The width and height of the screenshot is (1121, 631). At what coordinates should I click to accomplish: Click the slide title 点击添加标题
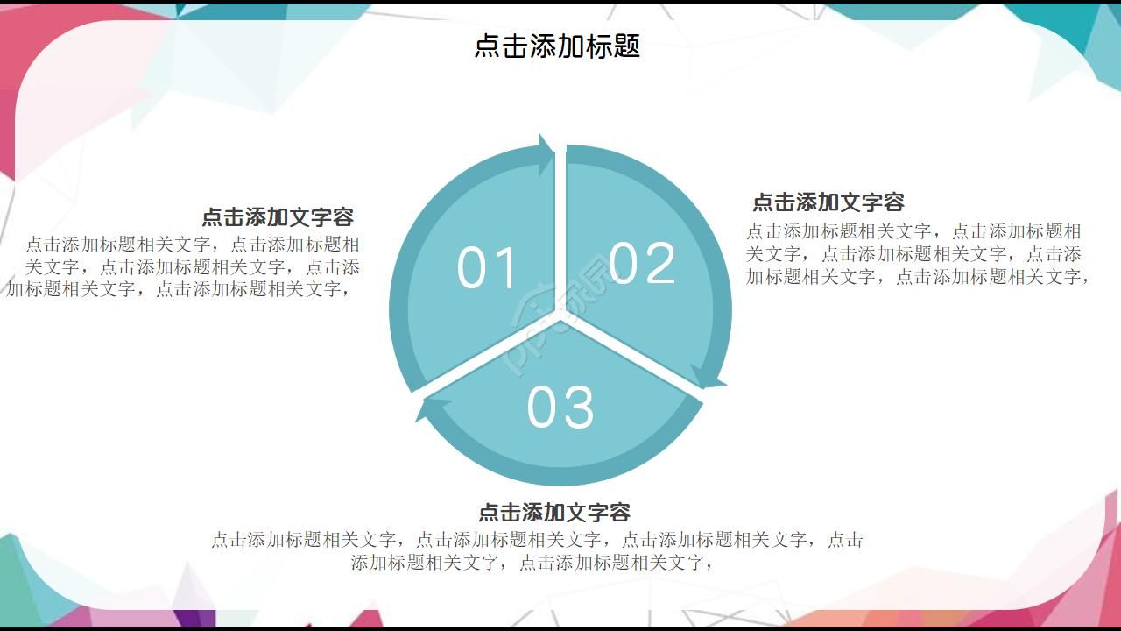pos(557,46)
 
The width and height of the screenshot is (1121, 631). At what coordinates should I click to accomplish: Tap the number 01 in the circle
pos(488,268)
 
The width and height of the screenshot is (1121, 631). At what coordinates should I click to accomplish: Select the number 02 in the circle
pos(642,263)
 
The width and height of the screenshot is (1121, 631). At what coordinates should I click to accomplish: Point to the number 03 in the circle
pos(560,407)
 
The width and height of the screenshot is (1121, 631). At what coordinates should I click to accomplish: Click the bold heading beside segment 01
pos(278,216)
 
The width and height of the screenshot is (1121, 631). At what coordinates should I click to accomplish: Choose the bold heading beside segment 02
pos(828,202)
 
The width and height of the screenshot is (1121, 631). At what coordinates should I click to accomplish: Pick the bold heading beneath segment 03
pos(554,512)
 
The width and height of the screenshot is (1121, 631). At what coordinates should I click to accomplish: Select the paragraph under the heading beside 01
pos(184,266)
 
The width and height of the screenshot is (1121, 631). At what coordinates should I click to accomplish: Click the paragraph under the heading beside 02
pos(916,254)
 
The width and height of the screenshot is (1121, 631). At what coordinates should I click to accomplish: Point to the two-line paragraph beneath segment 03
pos(536,550)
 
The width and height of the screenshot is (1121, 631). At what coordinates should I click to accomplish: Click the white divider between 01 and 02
pos(560,228)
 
